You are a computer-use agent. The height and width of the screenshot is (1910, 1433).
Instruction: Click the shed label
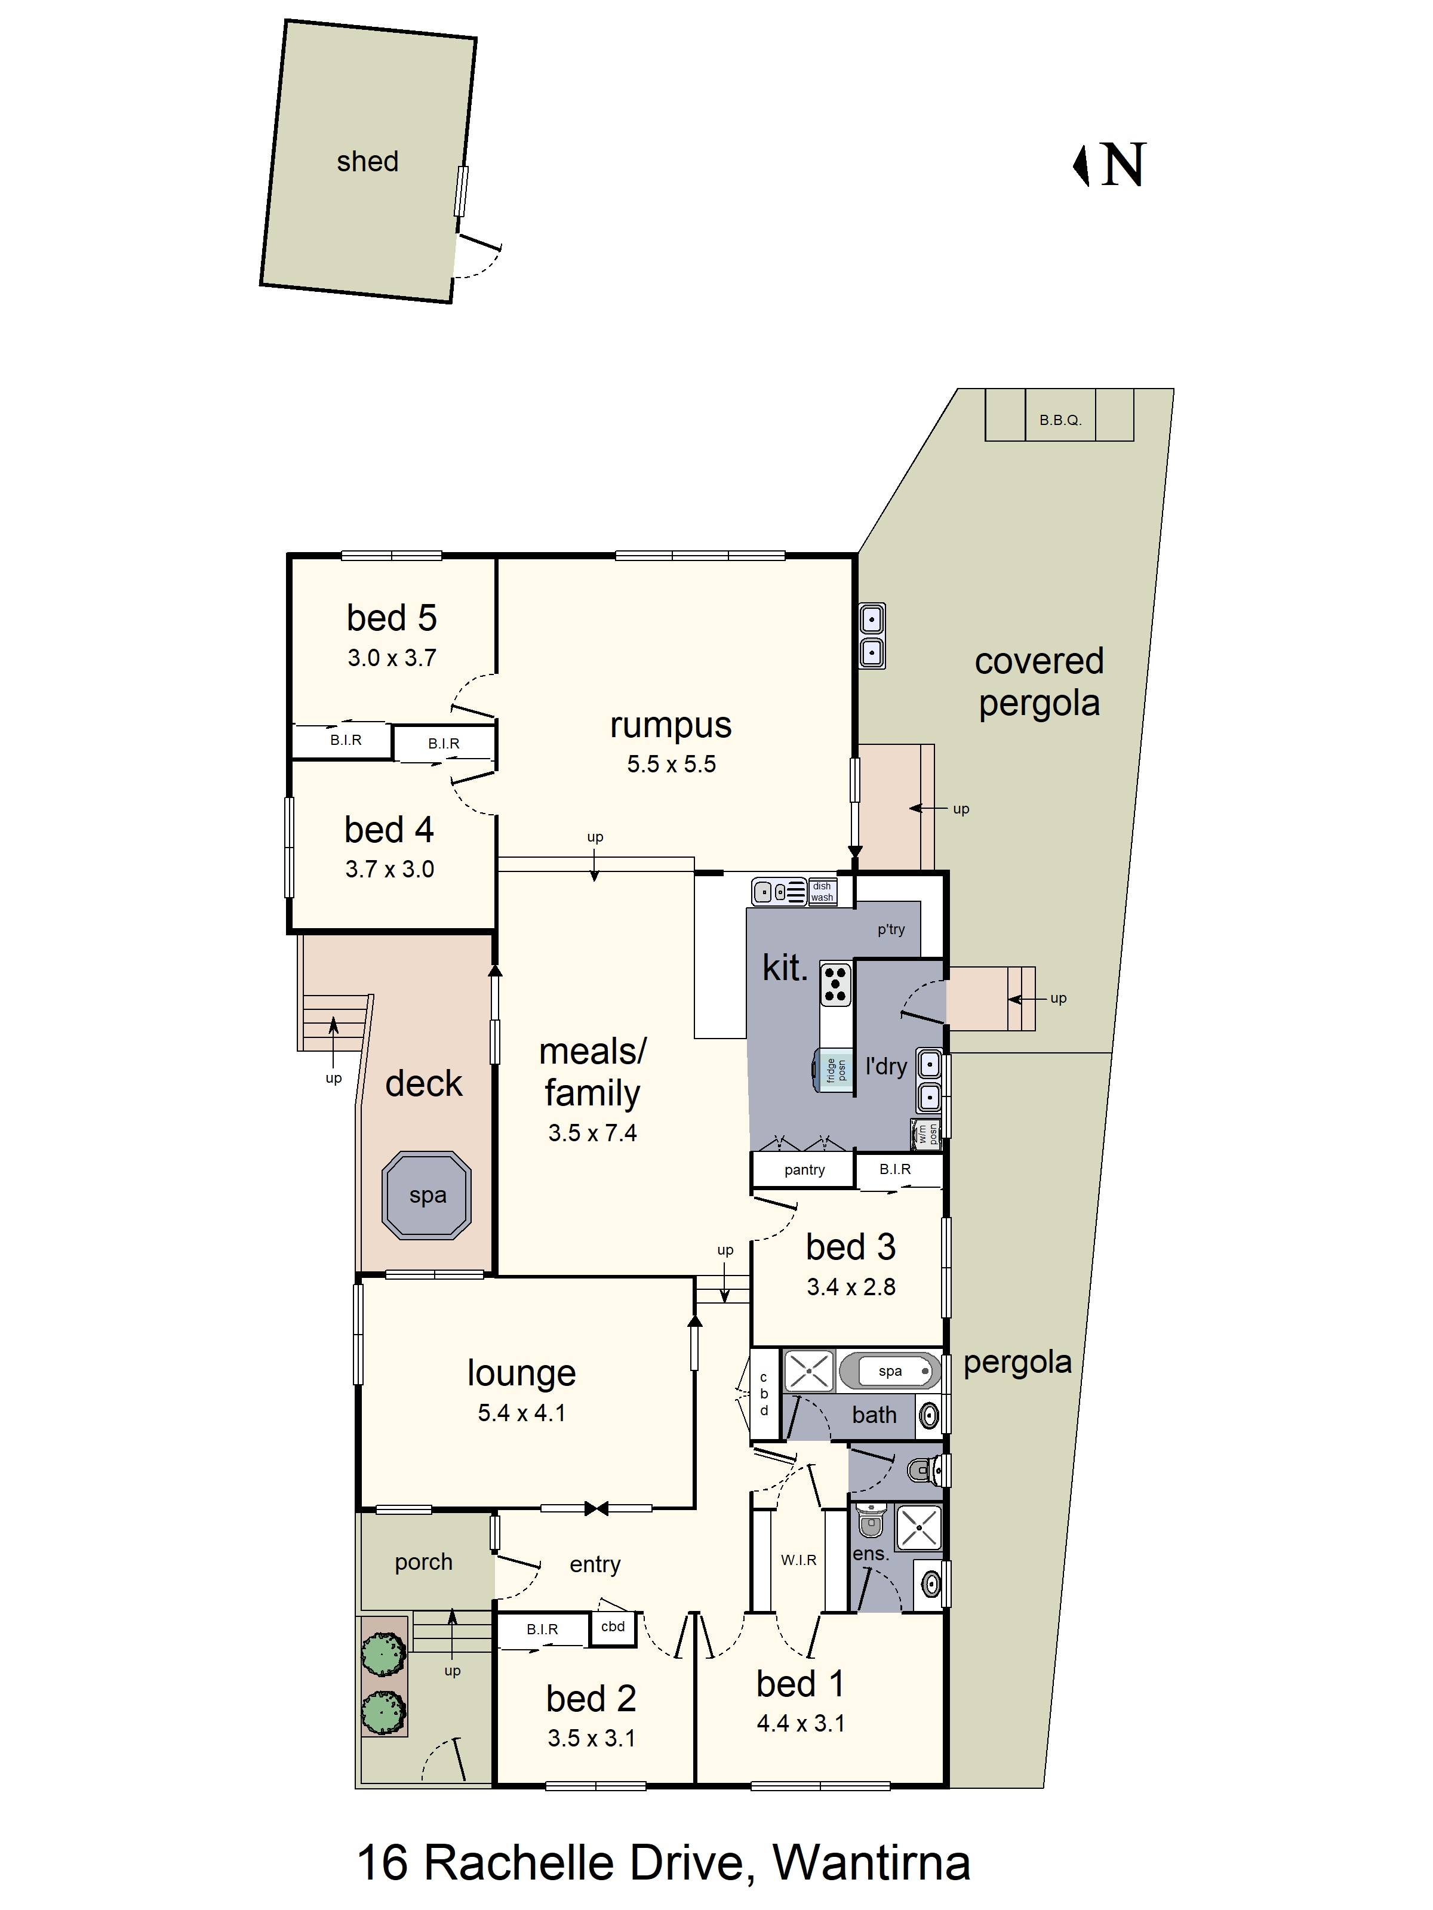pos(367,162)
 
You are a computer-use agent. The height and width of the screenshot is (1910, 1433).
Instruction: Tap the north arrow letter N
pos(1124,164)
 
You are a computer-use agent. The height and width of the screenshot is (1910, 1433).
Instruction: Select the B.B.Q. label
pos(1060,421)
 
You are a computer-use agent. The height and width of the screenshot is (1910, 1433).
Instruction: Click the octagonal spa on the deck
pos(427,1195)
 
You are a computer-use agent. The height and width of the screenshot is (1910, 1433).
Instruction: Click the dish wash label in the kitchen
pos(822,891)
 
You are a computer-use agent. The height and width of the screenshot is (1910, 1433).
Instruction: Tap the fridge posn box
pos(834,1071)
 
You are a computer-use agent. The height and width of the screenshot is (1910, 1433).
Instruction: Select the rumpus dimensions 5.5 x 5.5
pos(671,764)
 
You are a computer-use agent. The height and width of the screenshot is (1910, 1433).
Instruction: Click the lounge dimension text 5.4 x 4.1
pos(522,1413)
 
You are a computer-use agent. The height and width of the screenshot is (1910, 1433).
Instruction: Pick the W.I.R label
pos(798,1560)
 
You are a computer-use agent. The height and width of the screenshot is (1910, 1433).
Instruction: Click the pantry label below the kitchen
pos(804,1170)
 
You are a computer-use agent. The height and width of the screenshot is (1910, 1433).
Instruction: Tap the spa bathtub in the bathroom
pos(890,1371)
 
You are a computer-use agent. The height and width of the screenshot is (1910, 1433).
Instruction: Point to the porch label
pos(423,1562)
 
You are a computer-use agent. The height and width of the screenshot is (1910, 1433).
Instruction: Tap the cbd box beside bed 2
pos(613,1626)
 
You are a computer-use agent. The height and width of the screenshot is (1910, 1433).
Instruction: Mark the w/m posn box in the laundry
pos(926,1133)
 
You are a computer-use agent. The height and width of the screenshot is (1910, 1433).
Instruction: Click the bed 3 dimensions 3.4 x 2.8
pos(851,1287)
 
